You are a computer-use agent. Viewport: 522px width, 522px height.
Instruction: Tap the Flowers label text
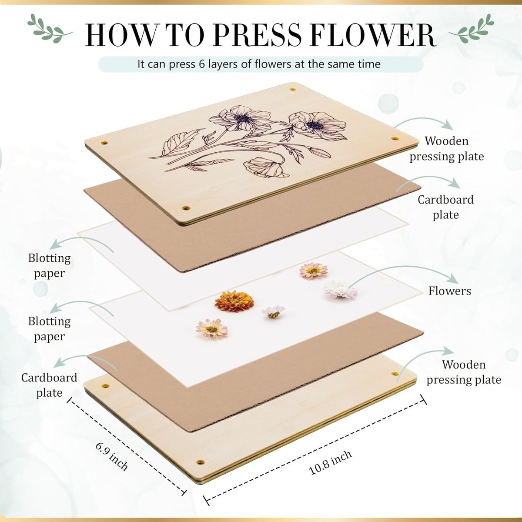(x=450, y=291)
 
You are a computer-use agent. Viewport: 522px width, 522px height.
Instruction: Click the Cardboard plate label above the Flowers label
(x=445, y=207)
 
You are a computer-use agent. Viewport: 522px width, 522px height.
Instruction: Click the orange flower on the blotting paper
(x=234, y=301)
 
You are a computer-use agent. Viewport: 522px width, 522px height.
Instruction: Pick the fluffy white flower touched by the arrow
(x=340, y=290)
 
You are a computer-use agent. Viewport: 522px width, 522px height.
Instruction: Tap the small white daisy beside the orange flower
(x=274, y=312)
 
